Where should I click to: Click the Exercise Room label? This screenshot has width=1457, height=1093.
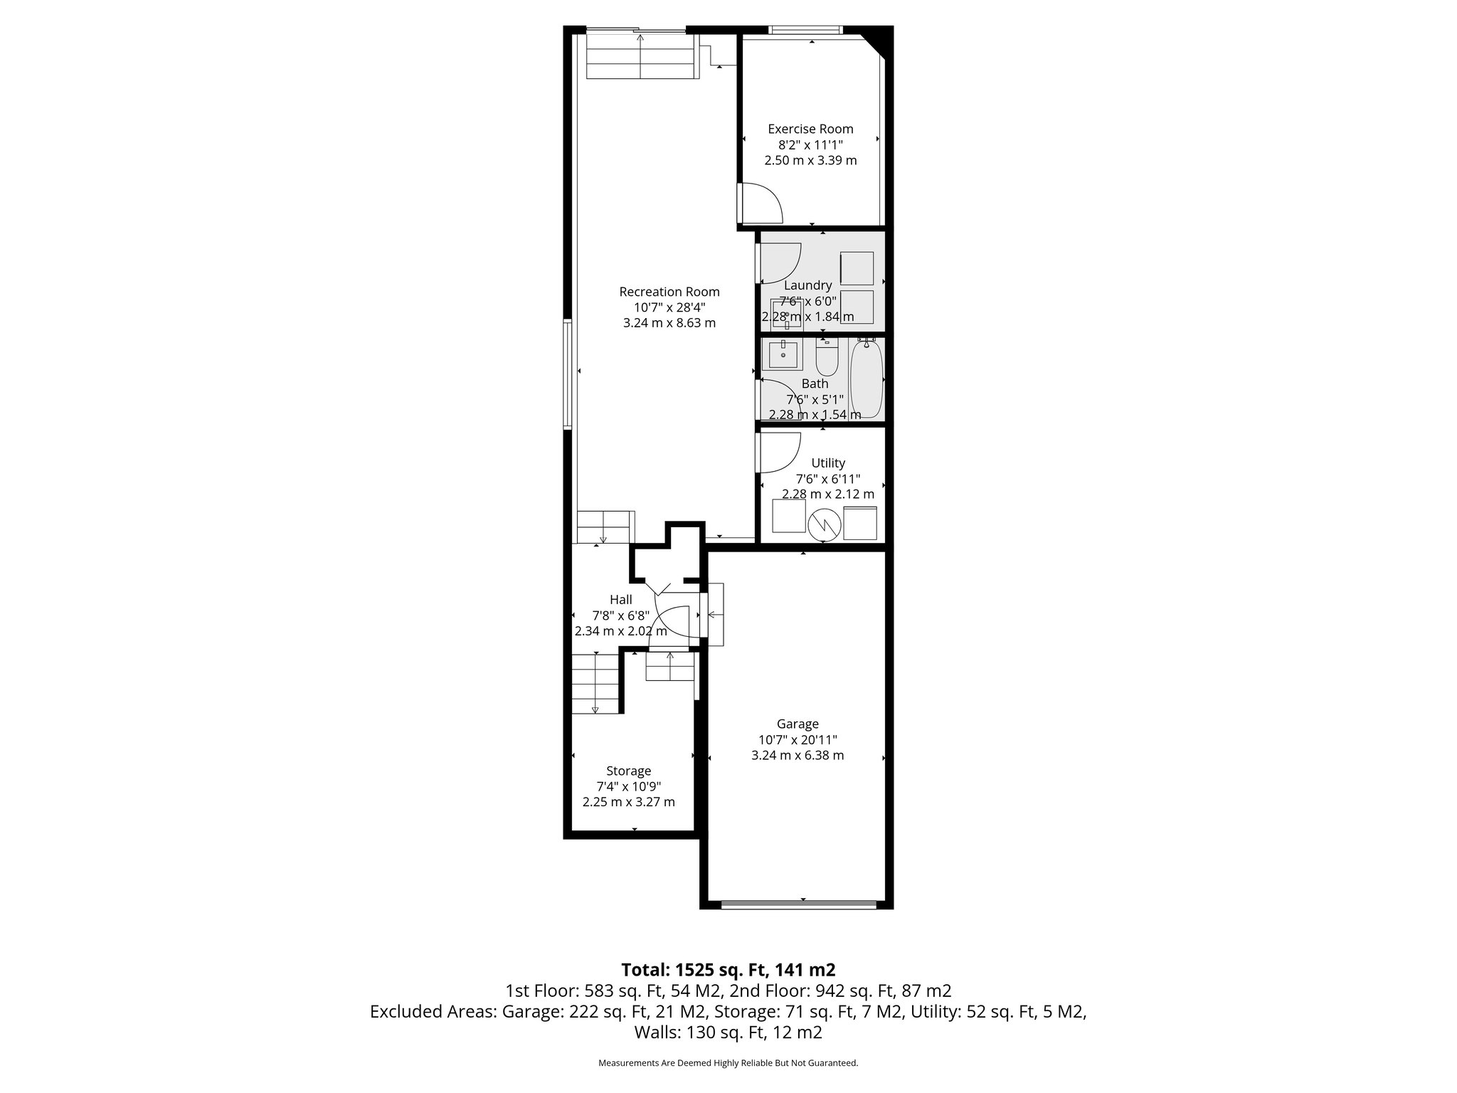pyautogui.click(x=810, y=129)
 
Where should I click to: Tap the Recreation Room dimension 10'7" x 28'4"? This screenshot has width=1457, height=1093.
pyautogui.click(x=669, y=307)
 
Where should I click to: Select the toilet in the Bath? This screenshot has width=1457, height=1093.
pyautogui.click(x=827, y=358)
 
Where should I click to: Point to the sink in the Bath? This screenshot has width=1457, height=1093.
pyautogui.click(x=783, y=354)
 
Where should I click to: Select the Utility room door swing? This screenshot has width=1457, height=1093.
pyautogui.click(x=780, y=453)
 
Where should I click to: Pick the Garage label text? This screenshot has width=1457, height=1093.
pyautogui.click(x=798, y=724)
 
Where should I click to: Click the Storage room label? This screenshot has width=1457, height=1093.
pyautogui.click(x=628, y=771)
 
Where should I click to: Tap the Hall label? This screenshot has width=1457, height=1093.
pyautogui.click(x=620, y=600)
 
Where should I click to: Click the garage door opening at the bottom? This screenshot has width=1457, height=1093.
pyautogui.click(x=798, y=904)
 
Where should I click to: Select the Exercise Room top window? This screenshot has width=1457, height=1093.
pyautogui.click(x=805, y=30)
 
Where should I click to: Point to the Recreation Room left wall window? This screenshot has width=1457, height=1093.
pyautogui.click(x=567, y=374)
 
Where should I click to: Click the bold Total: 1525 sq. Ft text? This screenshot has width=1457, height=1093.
pyautogui.click(x=728, y=969)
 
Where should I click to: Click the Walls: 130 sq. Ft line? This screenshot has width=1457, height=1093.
pyautogui.click(x=728, y=1032)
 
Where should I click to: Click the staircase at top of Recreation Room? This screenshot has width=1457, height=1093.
pyautogui.click(x=640, y=57)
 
